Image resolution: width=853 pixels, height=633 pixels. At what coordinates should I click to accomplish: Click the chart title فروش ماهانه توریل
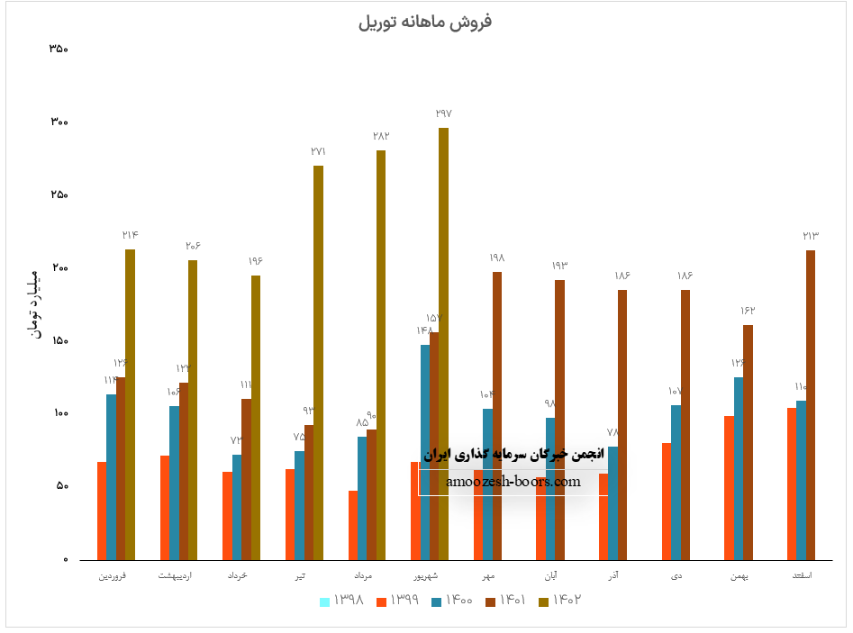coord(425,22)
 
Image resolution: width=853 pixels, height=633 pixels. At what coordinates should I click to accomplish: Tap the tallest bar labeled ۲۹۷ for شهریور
coord(443,342)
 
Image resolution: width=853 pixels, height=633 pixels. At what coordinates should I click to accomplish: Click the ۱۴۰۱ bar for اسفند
coord(811,405)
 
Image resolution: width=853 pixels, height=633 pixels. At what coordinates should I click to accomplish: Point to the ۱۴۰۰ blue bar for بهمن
coord(739,468)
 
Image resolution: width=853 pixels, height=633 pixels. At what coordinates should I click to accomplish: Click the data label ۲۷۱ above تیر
coord(318,152)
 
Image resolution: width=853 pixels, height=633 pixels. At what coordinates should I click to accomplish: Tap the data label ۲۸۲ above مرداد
coord(381,136)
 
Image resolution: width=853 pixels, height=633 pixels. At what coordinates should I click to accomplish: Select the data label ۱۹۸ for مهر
coord(497,258)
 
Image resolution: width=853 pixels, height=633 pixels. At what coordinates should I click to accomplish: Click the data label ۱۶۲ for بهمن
coord(748,311)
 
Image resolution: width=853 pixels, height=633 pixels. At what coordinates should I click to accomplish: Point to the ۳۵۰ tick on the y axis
coord(58,49)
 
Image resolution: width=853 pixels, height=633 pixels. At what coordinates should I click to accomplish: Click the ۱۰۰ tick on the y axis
coord(58,413)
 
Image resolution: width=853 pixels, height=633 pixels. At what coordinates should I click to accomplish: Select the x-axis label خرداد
coord(238,574)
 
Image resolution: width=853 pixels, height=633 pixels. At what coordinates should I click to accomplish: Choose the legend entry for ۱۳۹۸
coord(342,600)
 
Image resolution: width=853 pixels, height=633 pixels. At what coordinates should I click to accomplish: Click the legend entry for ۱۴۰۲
coord(560,600)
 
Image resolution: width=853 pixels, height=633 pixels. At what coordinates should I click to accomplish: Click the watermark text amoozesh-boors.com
coord(513,482)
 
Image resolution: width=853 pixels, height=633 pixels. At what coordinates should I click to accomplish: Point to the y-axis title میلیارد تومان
coord(36,303)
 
